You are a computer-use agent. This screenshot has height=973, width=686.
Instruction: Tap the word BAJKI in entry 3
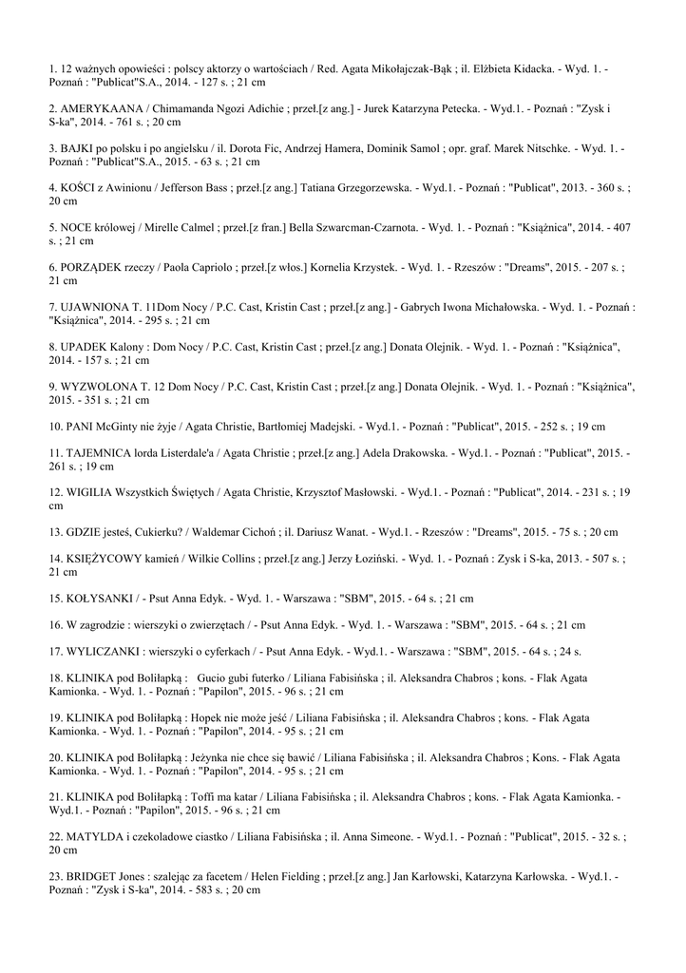[x=84, y=149]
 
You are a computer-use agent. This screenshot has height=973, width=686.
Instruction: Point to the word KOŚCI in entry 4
[x=82, y=188]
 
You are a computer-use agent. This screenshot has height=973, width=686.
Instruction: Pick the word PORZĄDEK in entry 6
[x=98, y=268]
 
